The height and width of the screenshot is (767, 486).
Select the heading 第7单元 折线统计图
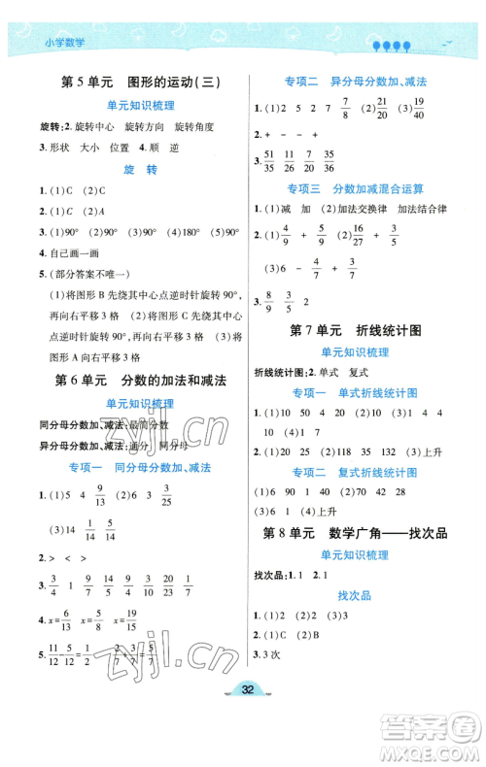[356, 331]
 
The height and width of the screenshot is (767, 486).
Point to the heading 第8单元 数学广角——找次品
[356, 532]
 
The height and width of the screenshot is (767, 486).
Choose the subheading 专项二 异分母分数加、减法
[356, 83]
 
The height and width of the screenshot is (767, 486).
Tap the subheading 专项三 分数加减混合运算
[356, 187]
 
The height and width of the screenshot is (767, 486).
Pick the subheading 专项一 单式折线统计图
[356, 392]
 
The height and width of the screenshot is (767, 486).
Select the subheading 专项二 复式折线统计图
[356, 472]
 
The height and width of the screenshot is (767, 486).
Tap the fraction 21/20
[383, 109]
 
